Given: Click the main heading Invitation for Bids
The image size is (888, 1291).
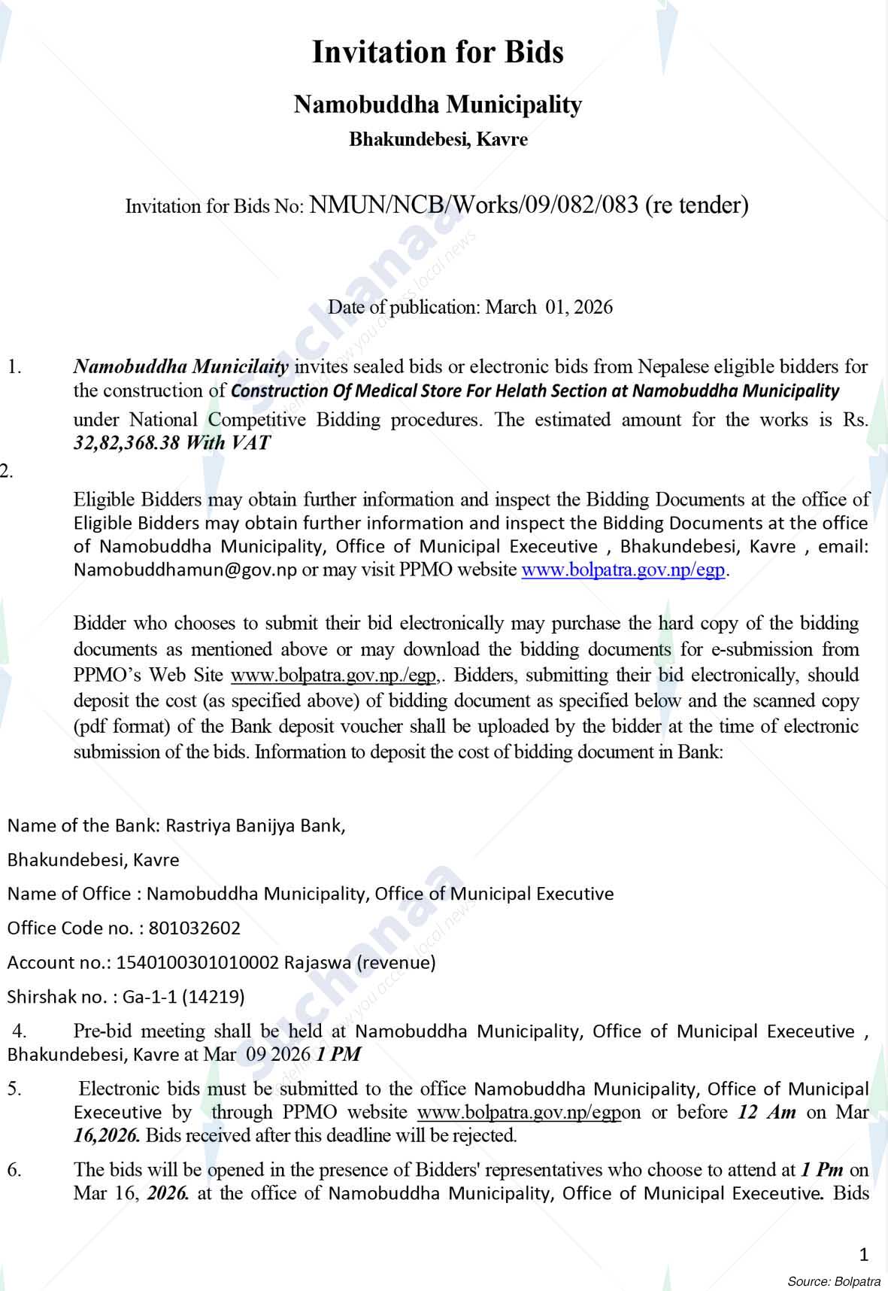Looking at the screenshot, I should click(438, 53).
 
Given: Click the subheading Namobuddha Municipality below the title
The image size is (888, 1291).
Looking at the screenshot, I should click(438, 104).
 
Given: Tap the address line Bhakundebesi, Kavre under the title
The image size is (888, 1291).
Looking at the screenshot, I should click(438, 139).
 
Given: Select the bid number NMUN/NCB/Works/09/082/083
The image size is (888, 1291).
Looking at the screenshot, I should click(474, 205).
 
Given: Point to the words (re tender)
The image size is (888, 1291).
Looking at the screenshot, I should click(697, 205).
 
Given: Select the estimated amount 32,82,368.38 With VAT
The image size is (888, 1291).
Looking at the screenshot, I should click(171, 442).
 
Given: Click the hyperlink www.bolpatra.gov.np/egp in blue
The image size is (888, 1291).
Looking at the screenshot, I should click(623, 570).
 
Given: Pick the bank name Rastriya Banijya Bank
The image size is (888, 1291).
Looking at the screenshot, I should click(255, 825).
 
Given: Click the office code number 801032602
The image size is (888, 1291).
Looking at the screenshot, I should click(195, 928).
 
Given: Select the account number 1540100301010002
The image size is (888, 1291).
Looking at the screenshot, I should click(196, 962).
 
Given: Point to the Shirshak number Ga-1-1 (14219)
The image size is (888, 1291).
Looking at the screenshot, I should click(183, 997).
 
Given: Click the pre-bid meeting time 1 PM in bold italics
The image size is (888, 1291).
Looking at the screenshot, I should click(338, 1054).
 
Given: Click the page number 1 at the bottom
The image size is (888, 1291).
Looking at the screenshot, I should click(863, 1254).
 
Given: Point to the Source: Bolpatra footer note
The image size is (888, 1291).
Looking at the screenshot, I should click(834, 1280).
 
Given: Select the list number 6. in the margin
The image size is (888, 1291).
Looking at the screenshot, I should click(14, 1169).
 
